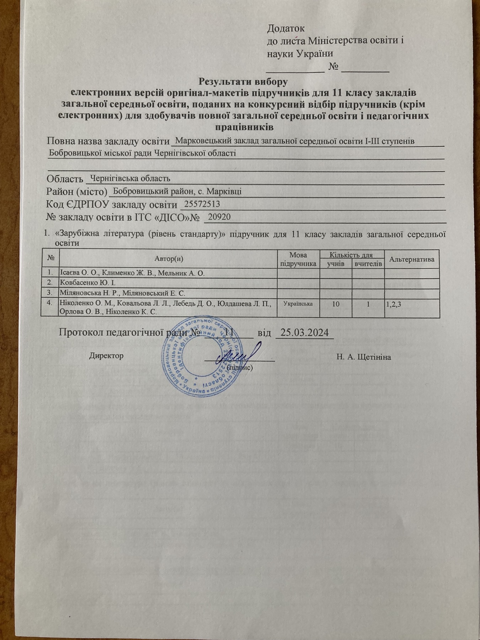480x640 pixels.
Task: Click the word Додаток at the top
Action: click(x=286, y=28)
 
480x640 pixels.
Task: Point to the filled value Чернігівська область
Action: click(x=130, y=178)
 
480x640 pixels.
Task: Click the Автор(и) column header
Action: click(x=169, y=259)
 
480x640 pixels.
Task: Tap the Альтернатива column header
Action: click(x=412, y=259)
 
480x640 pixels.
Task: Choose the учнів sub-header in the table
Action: click(x=336, y=263)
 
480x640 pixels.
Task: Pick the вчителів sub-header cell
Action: click(x=368, y=263)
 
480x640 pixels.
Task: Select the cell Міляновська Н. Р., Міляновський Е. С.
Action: click(x=123, y=293)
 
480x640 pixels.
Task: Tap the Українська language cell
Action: click(x=298, y=304)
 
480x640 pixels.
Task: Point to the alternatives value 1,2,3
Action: click(x=394, y=304)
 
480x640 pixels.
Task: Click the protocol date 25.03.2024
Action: click(x=304, y=333)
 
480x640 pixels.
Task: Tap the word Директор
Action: click(x=106, y=356)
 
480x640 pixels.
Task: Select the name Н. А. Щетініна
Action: click(x=363, y=357)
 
